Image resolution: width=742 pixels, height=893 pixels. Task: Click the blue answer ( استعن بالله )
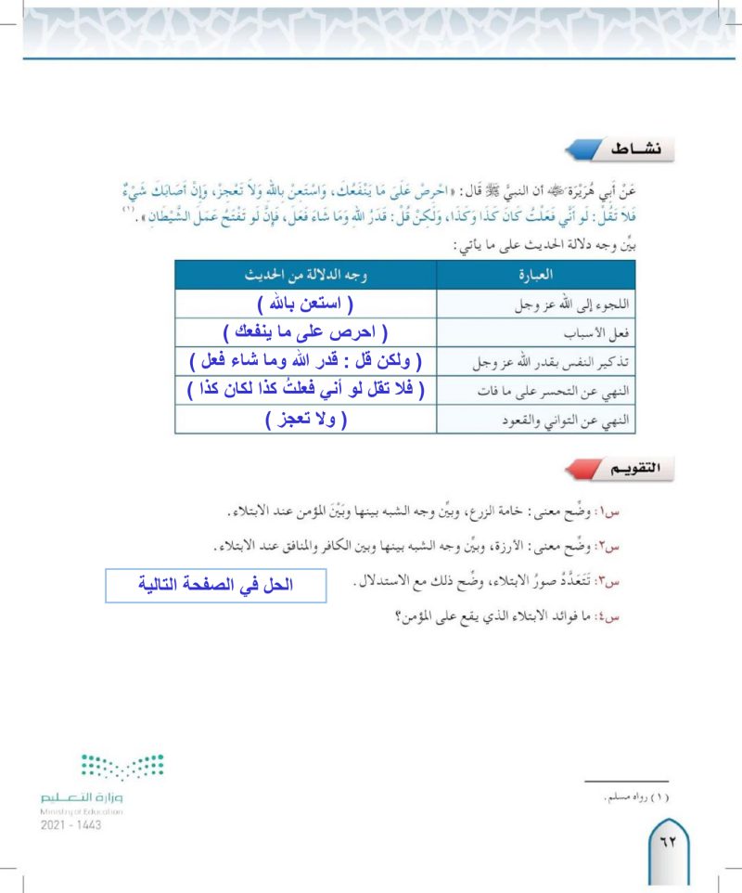point(306,304)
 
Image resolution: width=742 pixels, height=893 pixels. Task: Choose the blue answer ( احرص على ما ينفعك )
point(305,332)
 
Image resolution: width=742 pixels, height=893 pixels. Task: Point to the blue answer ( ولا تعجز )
point(305,420)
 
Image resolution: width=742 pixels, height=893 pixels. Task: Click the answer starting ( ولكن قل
point(305,361)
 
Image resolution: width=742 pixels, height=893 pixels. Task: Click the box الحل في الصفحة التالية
point(217,585)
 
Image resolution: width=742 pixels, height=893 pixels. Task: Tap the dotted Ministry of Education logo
point(122,767)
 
